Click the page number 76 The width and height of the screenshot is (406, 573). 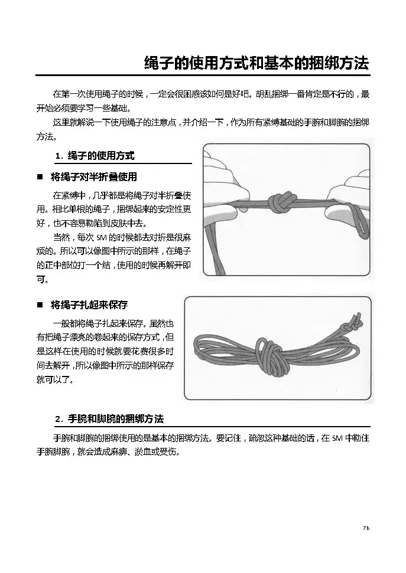click(366, 528)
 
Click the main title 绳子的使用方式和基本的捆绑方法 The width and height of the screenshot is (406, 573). click(256, 63)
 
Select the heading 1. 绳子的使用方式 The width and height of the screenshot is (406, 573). click(95, 156)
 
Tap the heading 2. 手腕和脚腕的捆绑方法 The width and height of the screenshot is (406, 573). click(109, 419)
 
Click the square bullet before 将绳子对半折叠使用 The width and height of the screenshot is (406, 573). click(40, 177)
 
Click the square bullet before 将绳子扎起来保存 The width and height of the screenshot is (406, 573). click(40, 304)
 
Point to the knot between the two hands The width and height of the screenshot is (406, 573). click(280, 204)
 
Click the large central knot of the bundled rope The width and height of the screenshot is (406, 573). click(271, 356)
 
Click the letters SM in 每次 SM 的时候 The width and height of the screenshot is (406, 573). click(101, 238)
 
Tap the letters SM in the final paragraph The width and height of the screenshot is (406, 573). click(337, 438)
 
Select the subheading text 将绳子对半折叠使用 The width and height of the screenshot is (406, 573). click(94, 177)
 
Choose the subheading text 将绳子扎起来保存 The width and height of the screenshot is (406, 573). click(89, 304)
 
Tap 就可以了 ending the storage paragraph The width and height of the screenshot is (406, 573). click(53, 379)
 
